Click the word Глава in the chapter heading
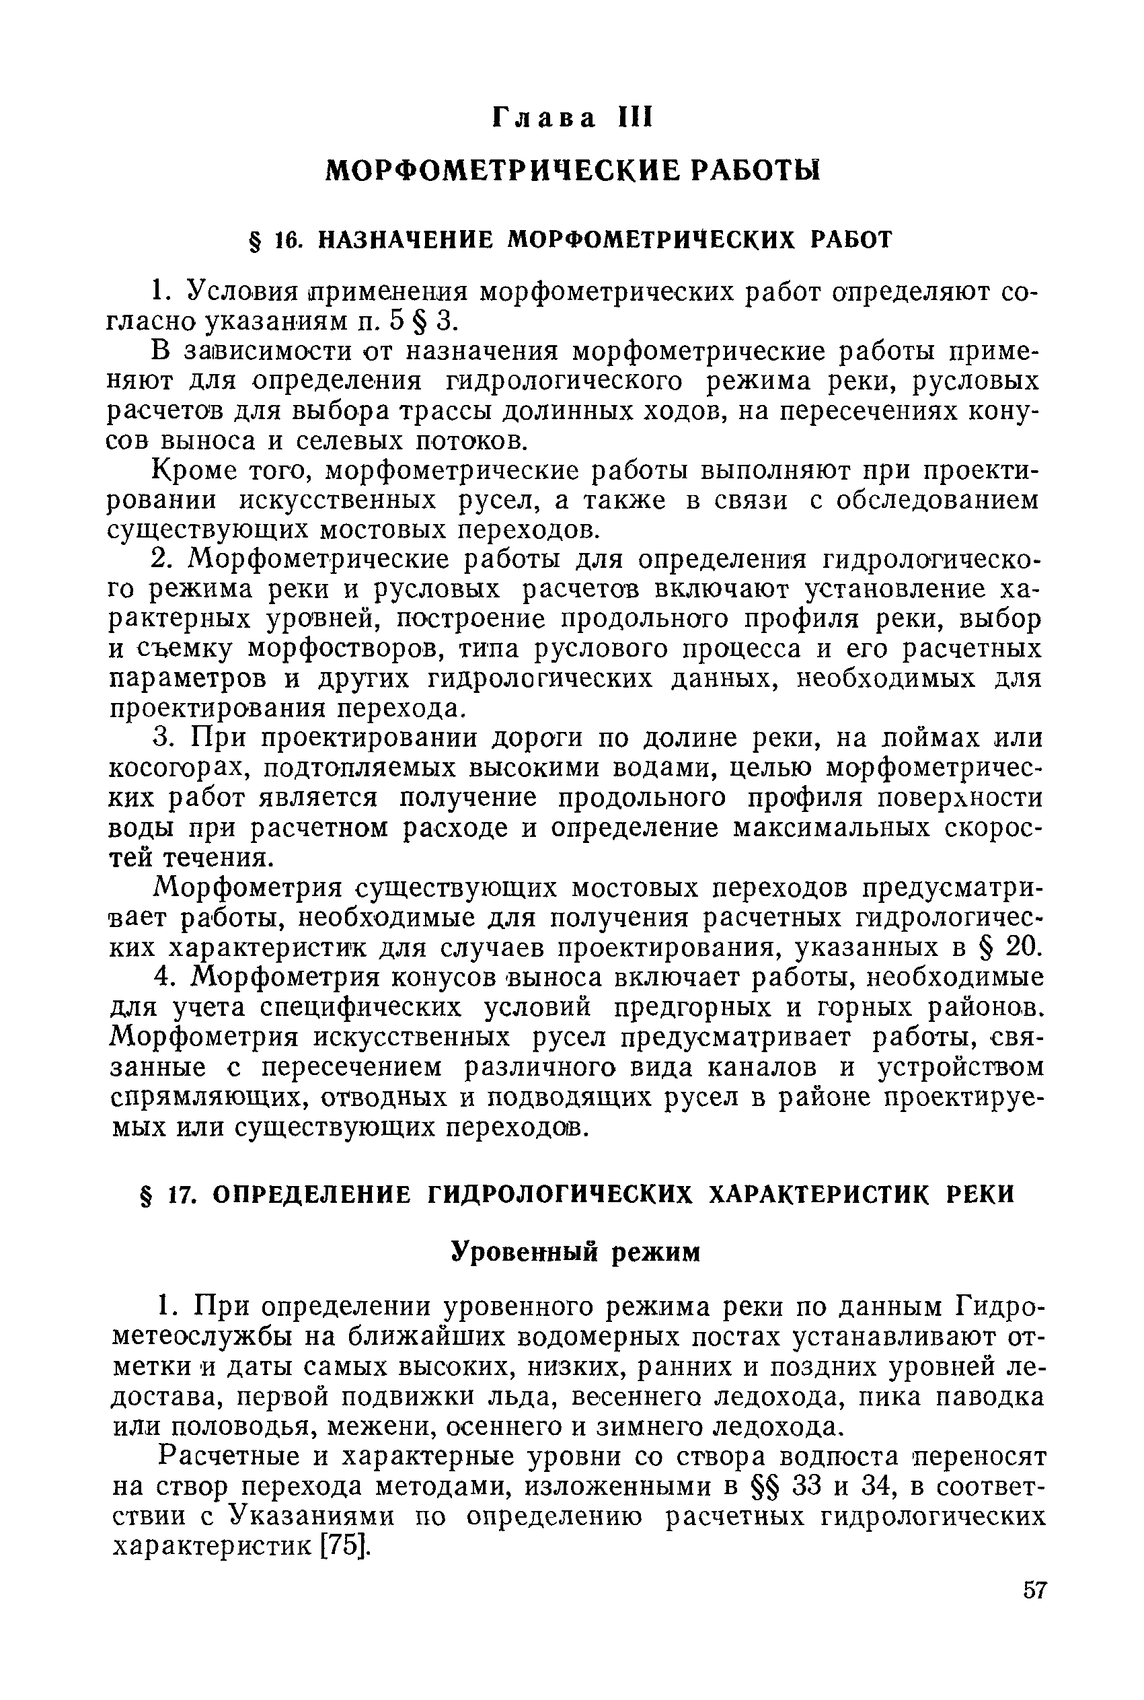[x=544, y=118]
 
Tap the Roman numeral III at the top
[x=634, y=118]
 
